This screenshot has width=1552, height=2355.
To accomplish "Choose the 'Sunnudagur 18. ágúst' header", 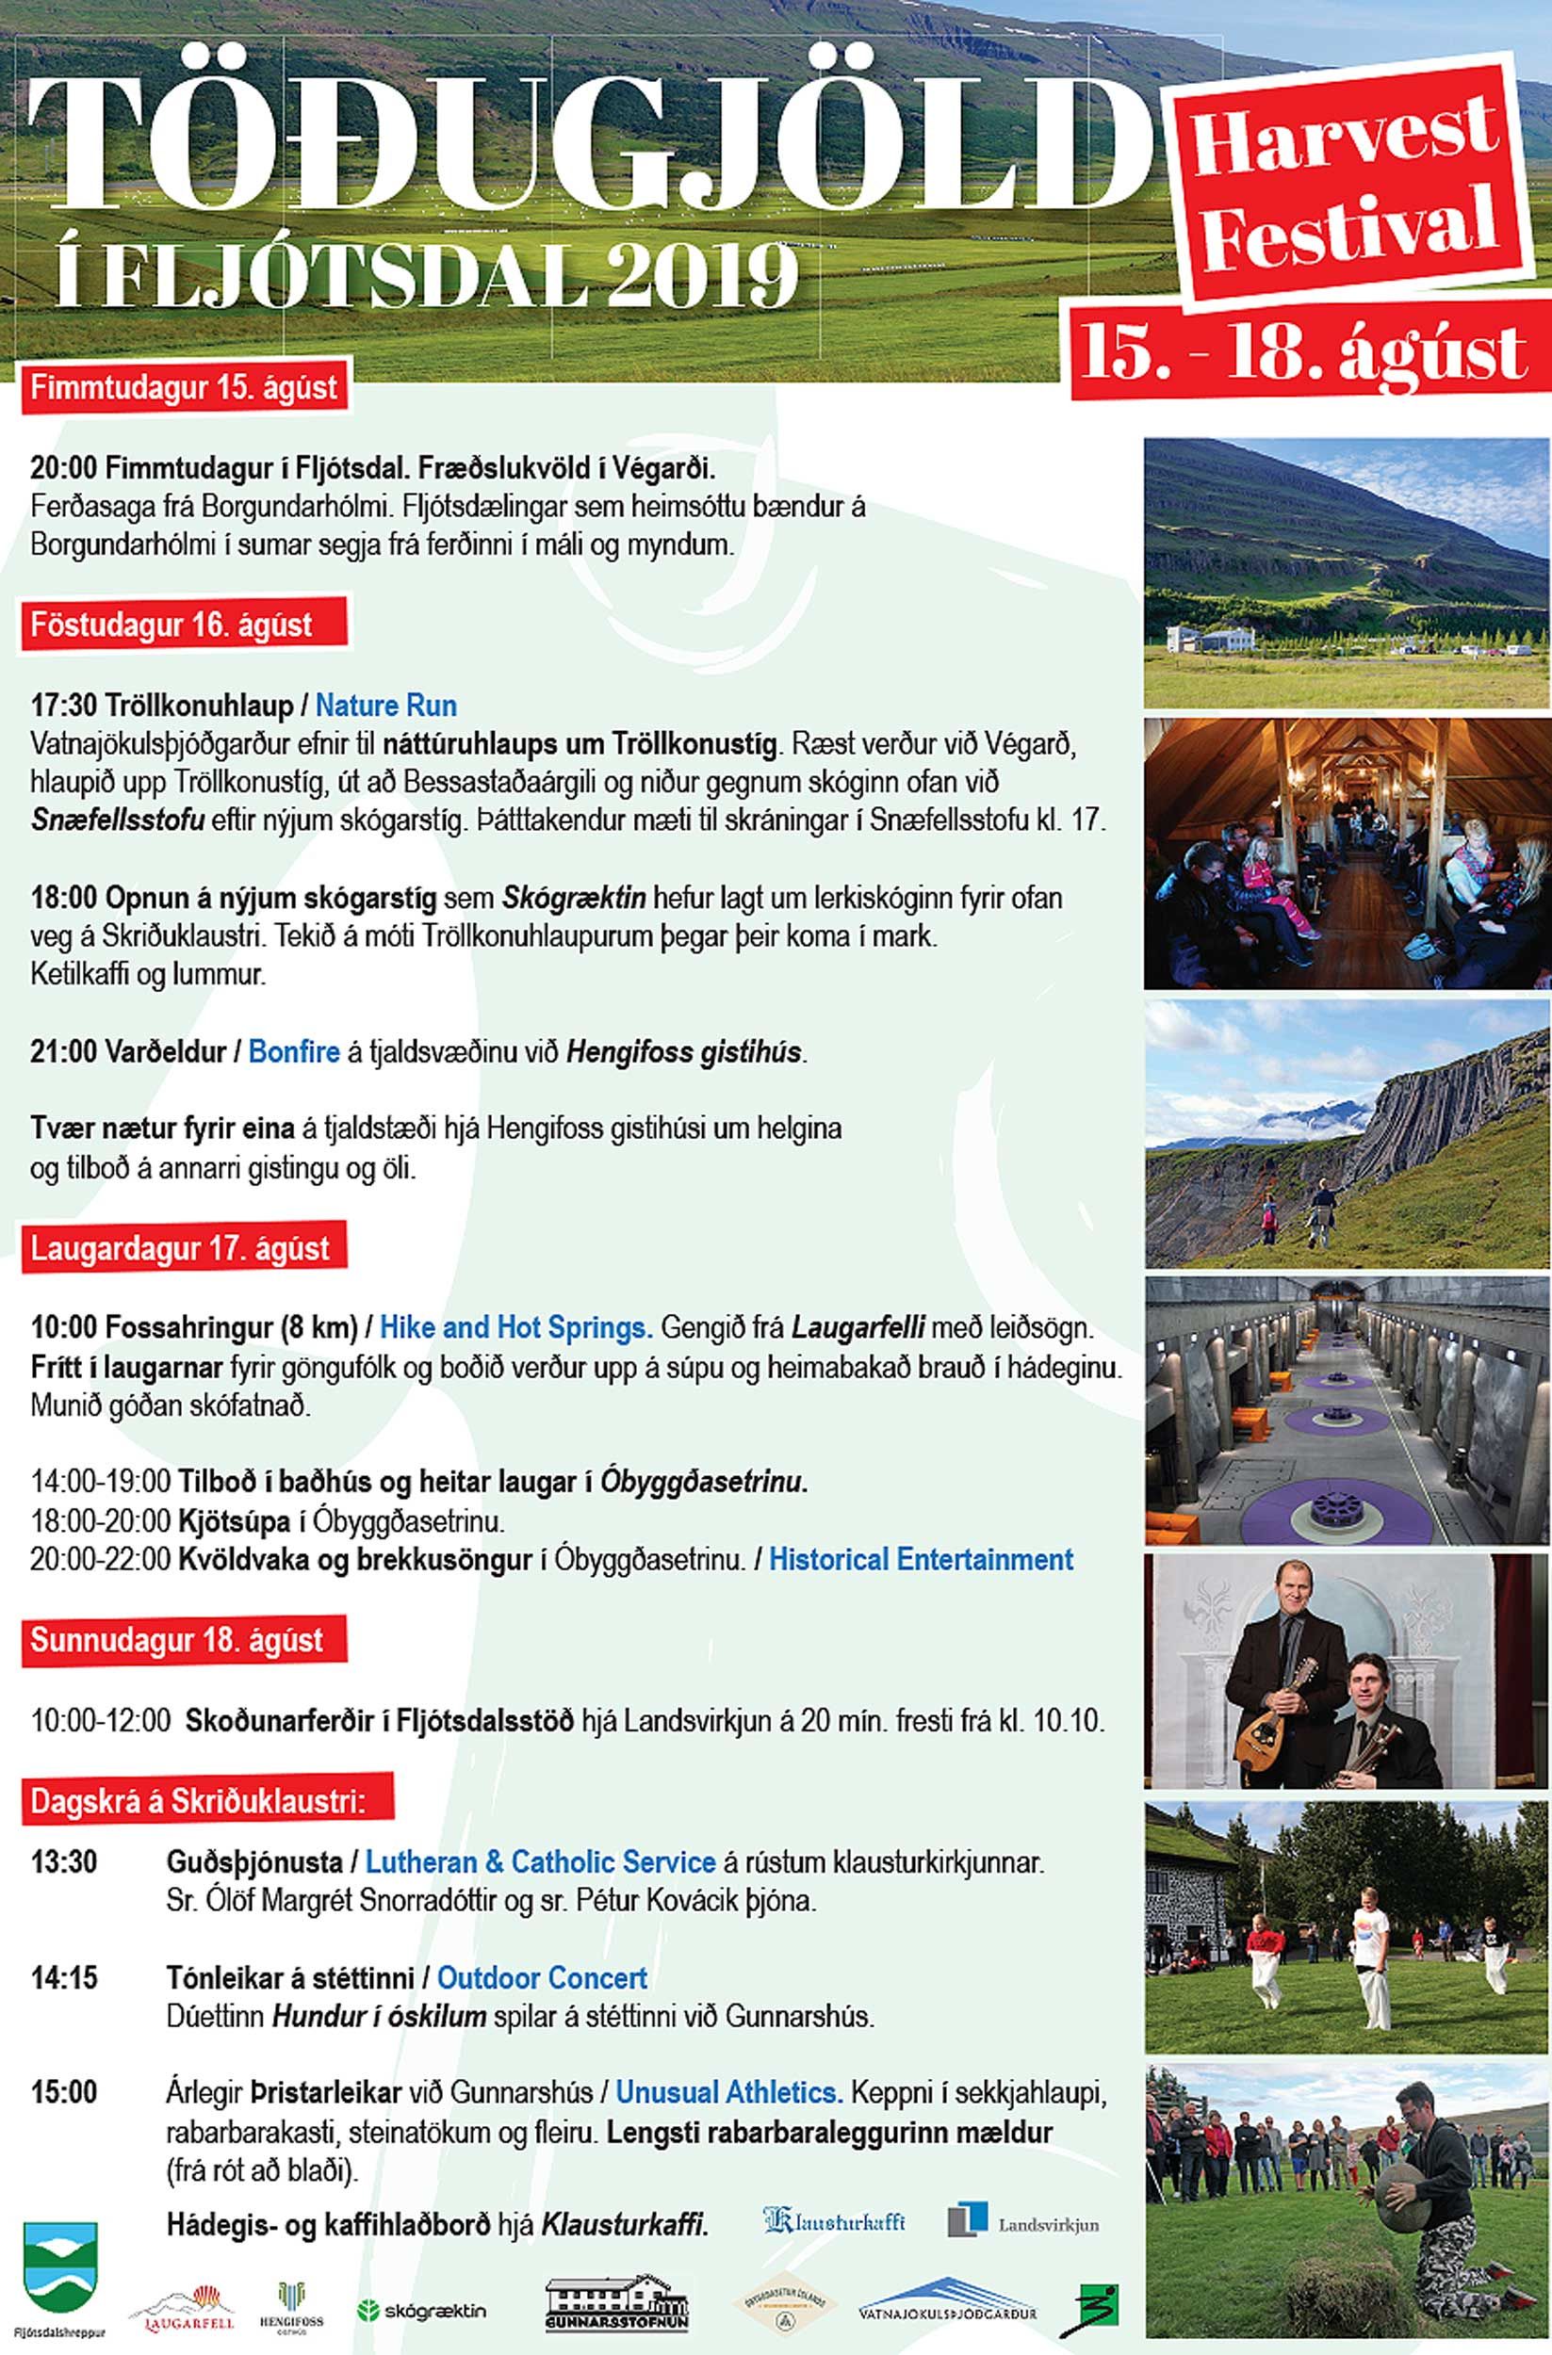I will pos(176,1640).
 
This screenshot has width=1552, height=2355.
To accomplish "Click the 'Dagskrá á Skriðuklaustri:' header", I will pos(197,1801).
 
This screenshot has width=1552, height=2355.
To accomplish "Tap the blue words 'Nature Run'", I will pos(385,706).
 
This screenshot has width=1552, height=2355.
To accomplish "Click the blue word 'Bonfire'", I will pos(294,1051).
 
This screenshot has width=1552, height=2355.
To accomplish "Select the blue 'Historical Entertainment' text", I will pos(921,1559).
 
